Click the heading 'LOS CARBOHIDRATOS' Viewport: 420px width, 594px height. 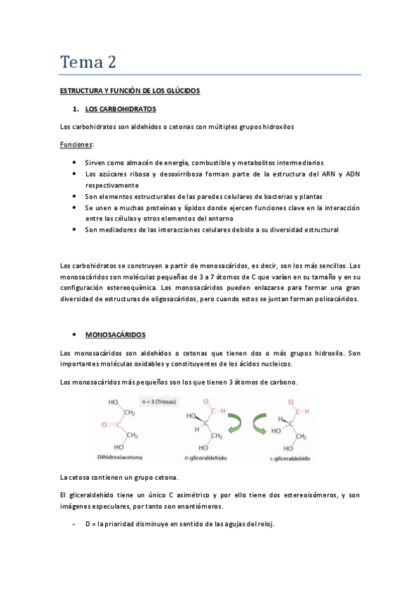coord(120,110)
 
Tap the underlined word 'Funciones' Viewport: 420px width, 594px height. coord(76,144)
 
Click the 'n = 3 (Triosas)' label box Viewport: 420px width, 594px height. coord(159,402)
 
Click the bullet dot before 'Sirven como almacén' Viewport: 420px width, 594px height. coord(75,162)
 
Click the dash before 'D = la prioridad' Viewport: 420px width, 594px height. coord(74,525)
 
